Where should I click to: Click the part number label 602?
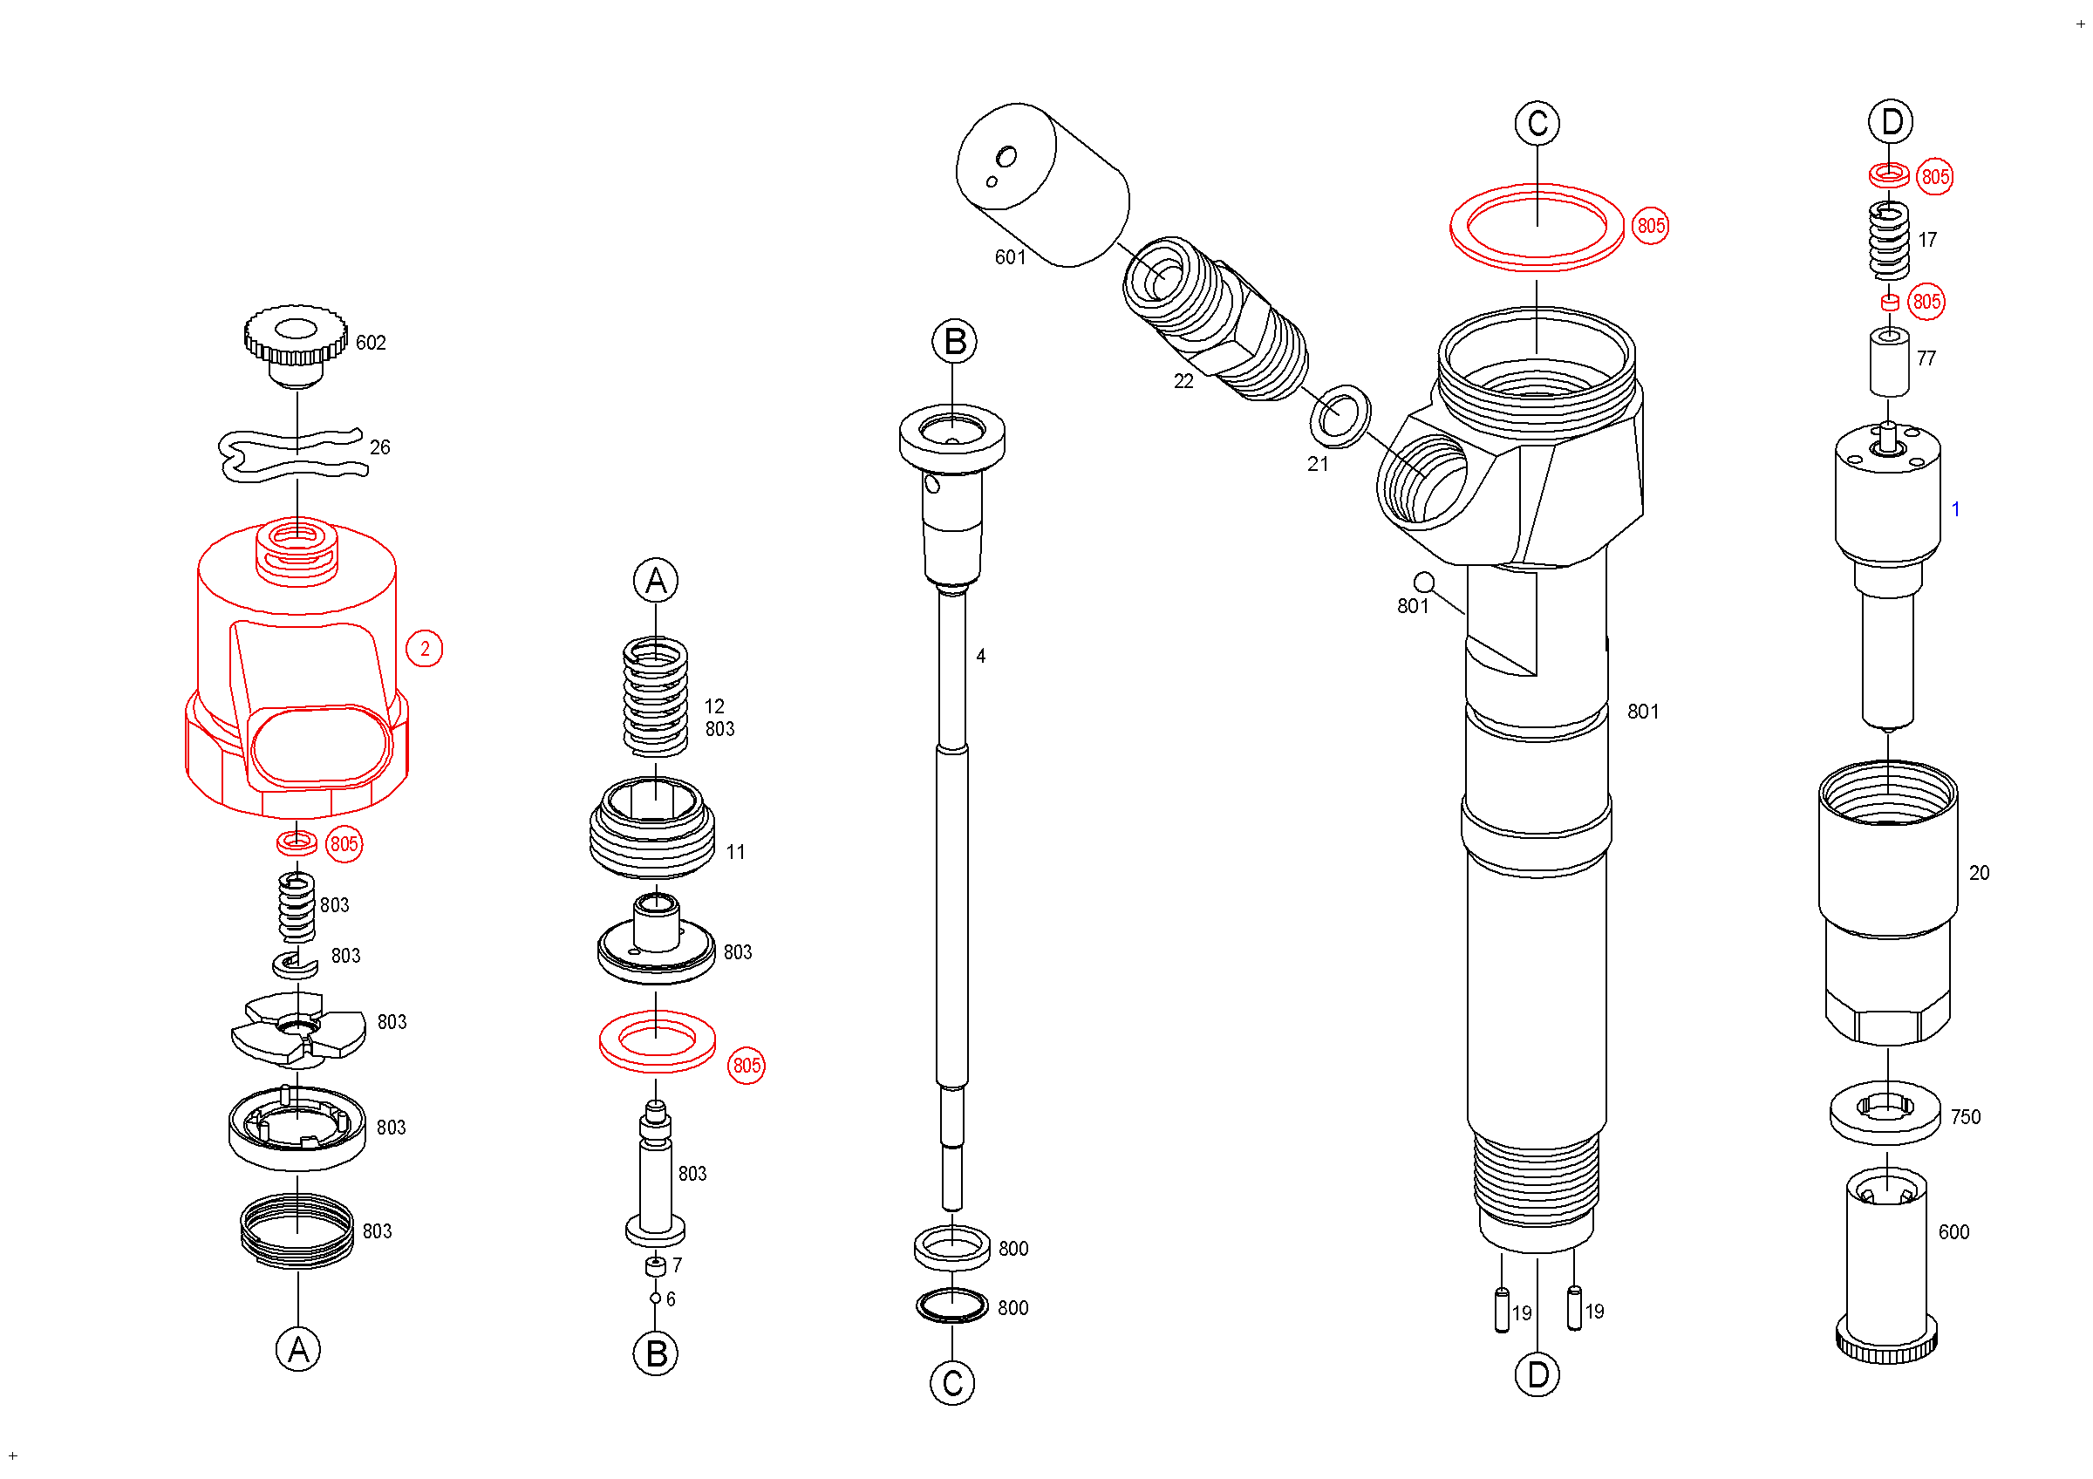(x=370, y=343)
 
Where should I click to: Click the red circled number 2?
(x=424, y=649)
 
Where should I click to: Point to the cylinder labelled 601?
(x=1041, y=185)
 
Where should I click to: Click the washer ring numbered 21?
(x=1340, y=417)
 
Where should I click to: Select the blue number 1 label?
(x=1955, y=509)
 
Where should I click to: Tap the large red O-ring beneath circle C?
(x=1537, y=228)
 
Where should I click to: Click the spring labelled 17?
(x=1889, y=240)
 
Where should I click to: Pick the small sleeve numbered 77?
(x=1890, y=363)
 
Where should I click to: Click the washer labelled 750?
(x=1885, y=1112)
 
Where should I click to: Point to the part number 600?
(x=1953, y=1232)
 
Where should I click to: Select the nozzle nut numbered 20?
(x=1888, y=903)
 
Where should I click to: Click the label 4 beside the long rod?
(x=981, y=656)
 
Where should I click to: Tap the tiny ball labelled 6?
(x=656, y=1298)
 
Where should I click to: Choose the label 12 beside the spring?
(x=713, y=706)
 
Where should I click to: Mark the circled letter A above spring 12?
(x=657, y=581)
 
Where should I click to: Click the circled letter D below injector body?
(x=1537, y=1374)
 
